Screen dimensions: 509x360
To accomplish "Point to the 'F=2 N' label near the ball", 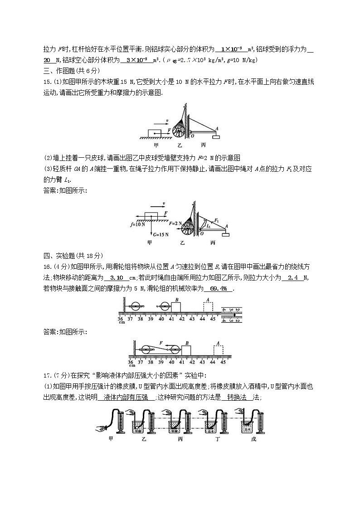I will [x=175, y=223].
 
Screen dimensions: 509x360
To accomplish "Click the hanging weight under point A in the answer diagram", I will [x=225, y=234].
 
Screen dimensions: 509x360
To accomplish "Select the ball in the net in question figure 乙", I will [x=178, y=130].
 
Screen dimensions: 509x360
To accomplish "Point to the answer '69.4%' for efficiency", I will [x=218, y=289].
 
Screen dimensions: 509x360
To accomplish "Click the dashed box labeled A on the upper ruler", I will [x=208, y=306].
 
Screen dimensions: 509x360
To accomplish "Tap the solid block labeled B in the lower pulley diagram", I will [x=186, y=352].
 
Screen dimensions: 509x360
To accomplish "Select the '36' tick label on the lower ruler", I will [x=130, y=362].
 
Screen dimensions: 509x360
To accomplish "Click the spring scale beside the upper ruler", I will [x=231, y=314].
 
